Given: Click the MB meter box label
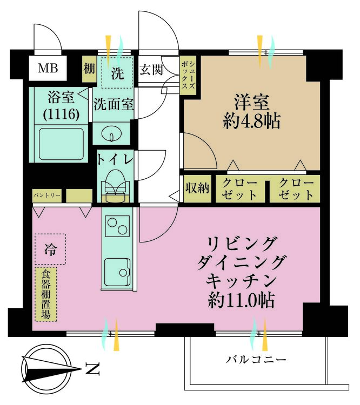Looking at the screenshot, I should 48,69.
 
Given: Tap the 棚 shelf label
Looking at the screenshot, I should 89,69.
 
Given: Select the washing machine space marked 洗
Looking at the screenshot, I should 117,73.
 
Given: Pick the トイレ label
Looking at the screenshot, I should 114,159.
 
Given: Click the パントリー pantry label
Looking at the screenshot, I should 48,194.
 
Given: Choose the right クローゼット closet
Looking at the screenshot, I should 296,188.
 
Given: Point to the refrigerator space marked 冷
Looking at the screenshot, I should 50,249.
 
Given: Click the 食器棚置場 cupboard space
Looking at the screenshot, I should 46,295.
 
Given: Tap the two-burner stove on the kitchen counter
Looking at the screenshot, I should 117,226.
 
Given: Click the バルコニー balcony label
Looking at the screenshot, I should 256,359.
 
